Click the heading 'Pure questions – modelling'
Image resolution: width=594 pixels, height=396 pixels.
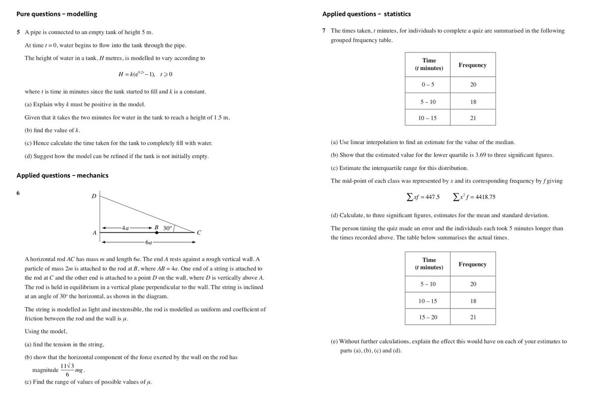point(57,14)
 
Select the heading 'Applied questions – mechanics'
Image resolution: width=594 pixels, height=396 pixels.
point(62,175)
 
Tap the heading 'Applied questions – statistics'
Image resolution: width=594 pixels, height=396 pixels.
point(366,14)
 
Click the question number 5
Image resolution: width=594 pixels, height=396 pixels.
point(18,32)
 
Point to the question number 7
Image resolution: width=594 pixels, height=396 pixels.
point(324,31)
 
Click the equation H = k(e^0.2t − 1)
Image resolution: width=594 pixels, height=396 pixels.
point(145,74)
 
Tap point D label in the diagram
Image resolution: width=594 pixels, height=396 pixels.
point(94,196)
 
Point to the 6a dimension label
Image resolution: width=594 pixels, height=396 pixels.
point(148,243)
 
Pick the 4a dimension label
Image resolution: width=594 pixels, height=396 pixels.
point(125,228)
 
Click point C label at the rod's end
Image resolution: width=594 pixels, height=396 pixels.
point(198,232)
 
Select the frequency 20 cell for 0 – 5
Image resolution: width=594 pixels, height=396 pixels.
point(473,85)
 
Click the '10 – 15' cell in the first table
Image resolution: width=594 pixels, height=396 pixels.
point(427,118)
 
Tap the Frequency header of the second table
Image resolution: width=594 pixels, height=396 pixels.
point(472,264)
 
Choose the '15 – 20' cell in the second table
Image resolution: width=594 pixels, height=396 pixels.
point(427,317)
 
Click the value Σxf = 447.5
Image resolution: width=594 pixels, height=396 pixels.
point(423,197)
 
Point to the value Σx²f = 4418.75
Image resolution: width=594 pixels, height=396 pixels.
point(474,197)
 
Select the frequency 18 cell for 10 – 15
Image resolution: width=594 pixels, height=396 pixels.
point(473,301)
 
